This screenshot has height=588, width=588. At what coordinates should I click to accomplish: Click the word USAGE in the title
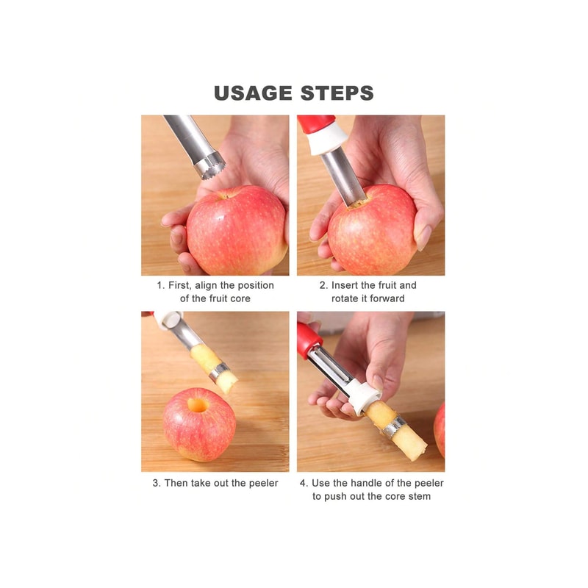pyautogui.click(x=253, y=93)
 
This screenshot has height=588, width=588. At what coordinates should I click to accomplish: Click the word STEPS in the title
pyautogui.click(x=337, y=93)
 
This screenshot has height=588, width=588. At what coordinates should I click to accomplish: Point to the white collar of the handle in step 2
pyautogui.click(x=326, y=138)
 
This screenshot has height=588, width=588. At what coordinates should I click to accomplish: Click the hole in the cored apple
pyautogui.click(x=197, y=404)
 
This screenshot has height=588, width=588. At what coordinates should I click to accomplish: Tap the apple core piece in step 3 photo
pyautogui.click(x=215, y=367)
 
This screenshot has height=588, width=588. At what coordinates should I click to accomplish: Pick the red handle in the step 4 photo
pyautogui.click(x=308, y=340)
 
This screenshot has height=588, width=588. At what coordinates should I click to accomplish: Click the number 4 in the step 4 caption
pyautogui.click(x=303, y=483)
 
